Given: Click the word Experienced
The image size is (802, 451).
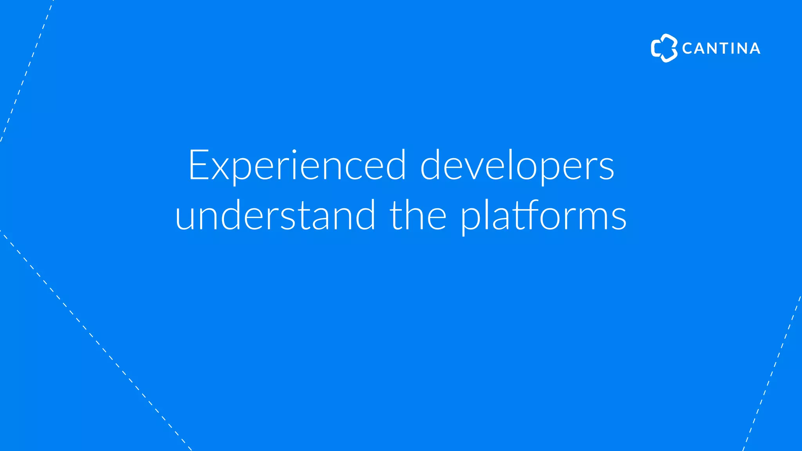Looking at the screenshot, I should pyautogui.click(x=297, y=165).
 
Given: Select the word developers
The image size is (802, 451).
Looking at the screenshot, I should pyautogui.click(x=517, y=165).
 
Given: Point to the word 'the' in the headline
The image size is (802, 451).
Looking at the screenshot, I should pyautogui.click(x=418, y=215).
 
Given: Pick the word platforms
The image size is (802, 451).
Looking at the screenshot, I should pyautogui.click(x=543, y=216).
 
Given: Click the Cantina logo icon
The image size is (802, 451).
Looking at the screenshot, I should pyautogui.click(x=664, y=48).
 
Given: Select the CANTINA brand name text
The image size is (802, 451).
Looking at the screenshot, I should pyautogui.click(x=721, y=49).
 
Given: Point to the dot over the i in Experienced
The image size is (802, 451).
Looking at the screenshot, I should pyautogui.click(x=294, y=151).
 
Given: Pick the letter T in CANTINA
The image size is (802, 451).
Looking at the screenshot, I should pyautogui.click(x=722, y=49).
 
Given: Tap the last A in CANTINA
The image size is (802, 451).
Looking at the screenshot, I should pyautogui.click(x=753, y=49).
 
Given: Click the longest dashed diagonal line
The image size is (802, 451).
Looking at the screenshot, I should pyautogui.click(x=96, y=341).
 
